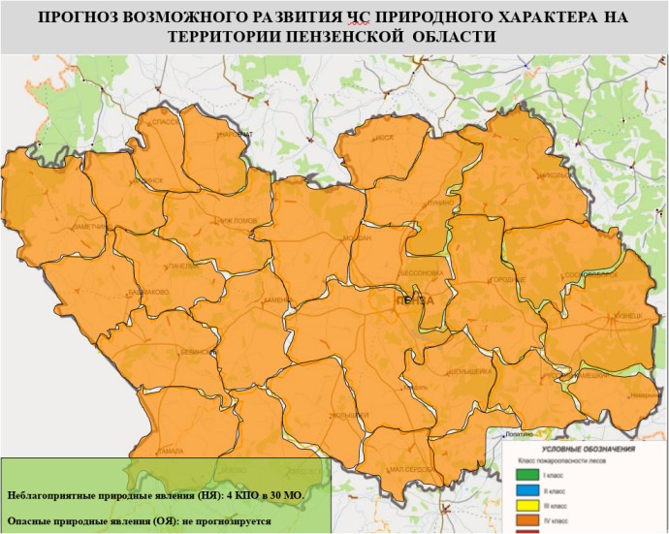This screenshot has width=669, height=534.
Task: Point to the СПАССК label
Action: click(x=164, y=125)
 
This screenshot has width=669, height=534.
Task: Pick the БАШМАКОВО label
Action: click(x=151, y=292)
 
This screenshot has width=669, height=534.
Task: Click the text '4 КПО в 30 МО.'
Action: click(x=265, y=495)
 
